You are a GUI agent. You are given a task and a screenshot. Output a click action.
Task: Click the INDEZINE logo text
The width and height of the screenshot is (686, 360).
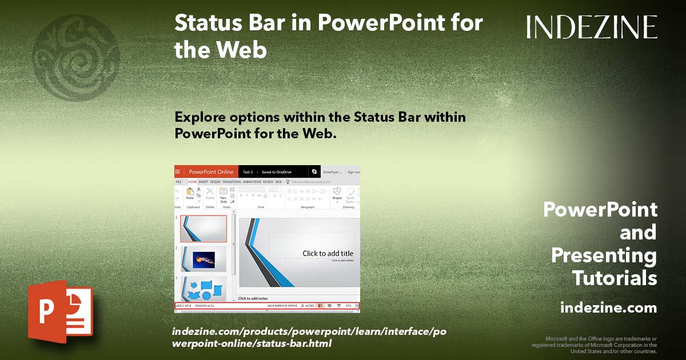tap(592, 27)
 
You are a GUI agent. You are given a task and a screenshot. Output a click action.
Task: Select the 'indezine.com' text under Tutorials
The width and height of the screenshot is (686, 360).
tap(608, 308)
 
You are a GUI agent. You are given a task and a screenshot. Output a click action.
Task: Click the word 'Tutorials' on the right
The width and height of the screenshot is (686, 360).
tap(615, 278)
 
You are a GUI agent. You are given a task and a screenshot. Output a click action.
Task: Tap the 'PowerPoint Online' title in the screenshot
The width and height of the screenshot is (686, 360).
tap(211, 171)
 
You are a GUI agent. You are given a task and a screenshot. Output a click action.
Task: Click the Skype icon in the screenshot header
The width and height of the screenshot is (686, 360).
tap(314, 171)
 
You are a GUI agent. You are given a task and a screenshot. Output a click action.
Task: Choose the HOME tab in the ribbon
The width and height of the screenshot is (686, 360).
tap(192, 182)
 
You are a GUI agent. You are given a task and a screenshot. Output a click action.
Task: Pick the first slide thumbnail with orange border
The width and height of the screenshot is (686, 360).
tap(204, 229)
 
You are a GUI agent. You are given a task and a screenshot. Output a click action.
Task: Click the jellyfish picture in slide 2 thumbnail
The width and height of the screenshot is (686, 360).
tap(204, 259)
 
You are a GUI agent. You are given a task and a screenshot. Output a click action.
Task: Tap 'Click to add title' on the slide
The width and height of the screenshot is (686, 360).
tap(328, 254)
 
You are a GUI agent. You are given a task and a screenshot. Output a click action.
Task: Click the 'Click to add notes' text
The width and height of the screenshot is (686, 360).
tap(253, 298)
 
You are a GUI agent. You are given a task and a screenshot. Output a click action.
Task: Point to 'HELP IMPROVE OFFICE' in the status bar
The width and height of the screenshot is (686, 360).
tap(282, 306)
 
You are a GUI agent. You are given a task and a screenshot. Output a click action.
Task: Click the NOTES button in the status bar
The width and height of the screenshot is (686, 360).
tap(308, 306)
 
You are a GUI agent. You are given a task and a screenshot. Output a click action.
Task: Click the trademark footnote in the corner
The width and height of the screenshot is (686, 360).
tap(595, 345)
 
